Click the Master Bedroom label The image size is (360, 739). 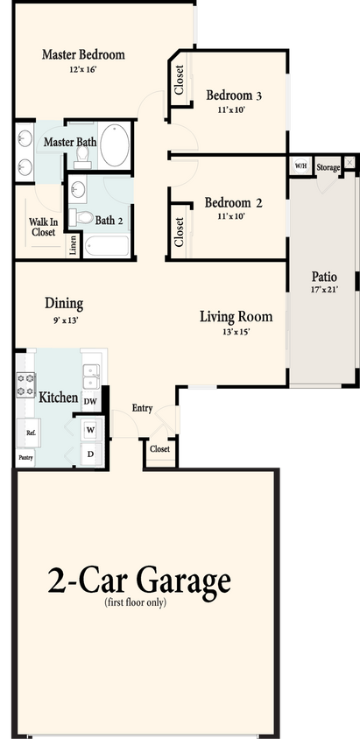tap(83, 54)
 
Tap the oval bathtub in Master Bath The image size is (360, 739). tap(115, 144)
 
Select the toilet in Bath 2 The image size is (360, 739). tap(84, 216)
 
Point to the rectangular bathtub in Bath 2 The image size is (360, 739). tap(107, 244)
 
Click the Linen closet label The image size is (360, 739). tap(73, 245)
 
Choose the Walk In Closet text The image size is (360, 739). tap(43, 228)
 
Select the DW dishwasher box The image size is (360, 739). tap(90, 401)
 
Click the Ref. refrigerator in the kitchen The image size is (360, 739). tap(30, 433)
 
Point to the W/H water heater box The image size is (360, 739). tap(300, 165)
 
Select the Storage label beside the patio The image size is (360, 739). tap(328, 165)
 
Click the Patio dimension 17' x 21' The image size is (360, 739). tap(323, 288)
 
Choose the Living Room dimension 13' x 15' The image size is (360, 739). tap(236, 332)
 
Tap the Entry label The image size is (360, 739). tap(142, 408)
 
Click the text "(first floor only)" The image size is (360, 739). tap(135, 602)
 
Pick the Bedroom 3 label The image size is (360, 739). tap(235, 95)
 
